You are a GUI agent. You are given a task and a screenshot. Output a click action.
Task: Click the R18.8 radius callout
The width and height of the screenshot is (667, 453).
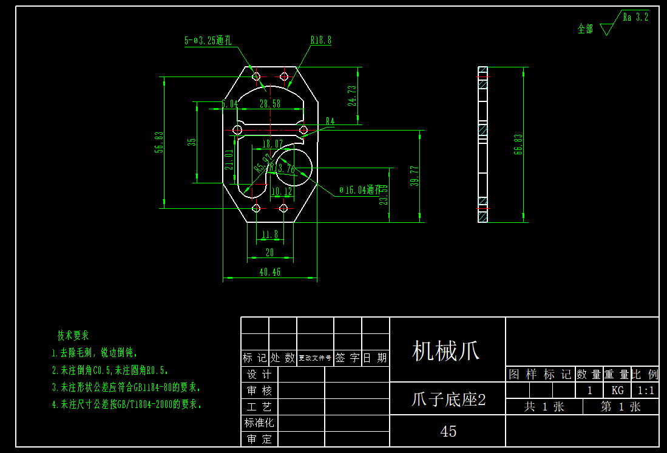[x=321, y=41]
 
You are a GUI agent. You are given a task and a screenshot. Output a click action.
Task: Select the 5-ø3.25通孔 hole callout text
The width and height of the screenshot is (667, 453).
[x=208, y=41]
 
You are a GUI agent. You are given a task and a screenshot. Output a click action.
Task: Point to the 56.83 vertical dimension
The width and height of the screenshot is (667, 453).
[x=160, y=142]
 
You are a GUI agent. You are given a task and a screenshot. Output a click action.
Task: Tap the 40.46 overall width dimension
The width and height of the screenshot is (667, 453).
[x=270, y=273]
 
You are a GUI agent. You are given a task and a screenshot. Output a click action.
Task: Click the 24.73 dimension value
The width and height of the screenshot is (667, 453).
[x=353, y=95]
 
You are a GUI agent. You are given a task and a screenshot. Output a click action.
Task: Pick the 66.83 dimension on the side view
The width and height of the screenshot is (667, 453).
[x=518, y=145]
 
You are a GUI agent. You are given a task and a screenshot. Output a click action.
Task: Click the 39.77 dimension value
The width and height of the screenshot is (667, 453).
[x=415, y=177]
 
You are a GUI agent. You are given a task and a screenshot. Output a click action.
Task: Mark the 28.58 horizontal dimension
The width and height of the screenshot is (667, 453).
[x=270, y=104]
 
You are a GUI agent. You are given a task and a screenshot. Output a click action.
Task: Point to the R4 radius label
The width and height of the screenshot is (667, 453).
[x=330, y=121]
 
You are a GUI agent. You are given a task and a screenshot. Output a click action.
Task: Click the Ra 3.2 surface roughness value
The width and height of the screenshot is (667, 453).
[x=635, y=17]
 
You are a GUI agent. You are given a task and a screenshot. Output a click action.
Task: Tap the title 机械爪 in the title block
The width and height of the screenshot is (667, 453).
[x=446, y=350]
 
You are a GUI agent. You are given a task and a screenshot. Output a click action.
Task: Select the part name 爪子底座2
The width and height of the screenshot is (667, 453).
[x=449, y=400]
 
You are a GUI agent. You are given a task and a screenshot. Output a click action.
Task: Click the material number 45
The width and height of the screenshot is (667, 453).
[x=449, y=431]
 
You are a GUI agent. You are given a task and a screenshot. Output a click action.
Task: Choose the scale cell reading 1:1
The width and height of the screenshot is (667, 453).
[x=645, y=390]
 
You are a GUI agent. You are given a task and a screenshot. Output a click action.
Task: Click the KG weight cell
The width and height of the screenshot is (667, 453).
[x=617, y=390]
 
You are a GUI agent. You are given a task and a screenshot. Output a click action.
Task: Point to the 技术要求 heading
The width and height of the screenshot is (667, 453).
[x=73, y=335]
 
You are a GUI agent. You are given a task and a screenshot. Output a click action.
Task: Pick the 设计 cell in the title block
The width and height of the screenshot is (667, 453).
[x=259, y=374]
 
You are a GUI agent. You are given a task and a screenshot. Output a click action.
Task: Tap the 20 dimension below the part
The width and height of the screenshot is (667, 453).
[x=270, y=252]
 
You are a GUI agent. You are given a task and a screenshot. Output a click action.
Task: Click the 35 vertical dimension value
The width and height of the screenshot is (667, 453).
[x=192, y=142]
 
